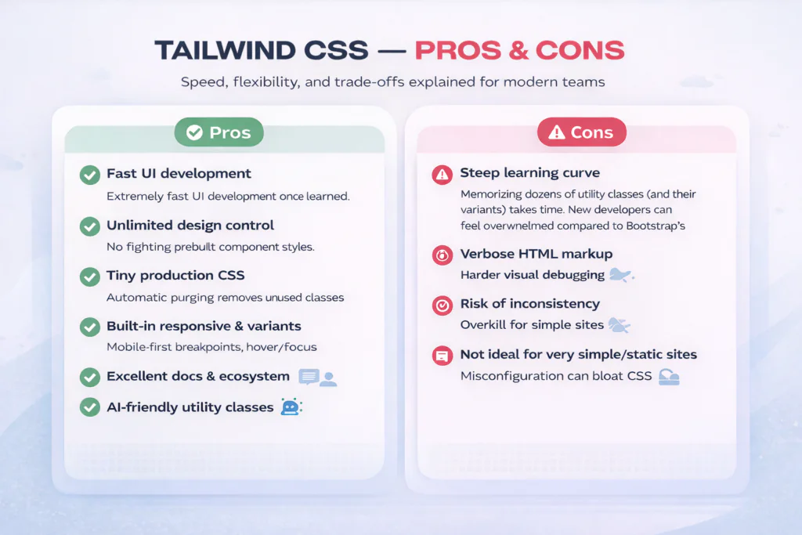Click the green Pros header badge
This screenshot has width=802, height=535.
[219, 132]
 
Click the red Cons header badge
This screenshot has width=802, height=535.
[581, 132]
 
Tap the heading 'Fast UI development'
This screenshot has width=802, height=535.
[179, 174]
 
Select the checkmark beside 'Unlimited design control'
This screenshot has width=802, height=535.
[90, 226]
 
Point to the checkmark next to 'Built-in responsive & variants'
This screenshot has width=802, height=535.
[90, 327]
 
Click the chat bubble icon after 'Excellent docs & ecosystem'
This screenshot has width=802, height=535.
[309, 378]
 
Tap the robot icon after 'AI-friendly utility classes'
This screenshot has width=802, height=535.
[291, 407]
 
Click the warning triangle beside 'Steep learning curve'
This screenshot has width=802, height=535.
[443, 175]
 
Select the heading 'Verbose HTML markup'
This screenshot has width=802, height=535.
[536, 254]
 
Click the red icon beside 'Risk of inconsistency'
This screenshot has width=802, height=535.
[443, 305]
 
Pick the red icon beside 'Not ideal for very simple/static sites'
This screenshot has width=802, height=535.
[443, 356]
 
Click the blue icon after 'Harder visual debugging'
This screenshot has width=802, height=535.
[621, 275]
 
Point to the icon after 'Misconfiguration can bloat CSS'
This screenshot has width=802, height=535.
[668, 377]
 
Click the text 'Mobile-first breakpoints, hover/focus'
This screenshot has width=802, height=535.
[211, 347]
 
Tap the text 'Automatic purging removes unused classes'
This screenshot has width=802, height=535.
[225, 298]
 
